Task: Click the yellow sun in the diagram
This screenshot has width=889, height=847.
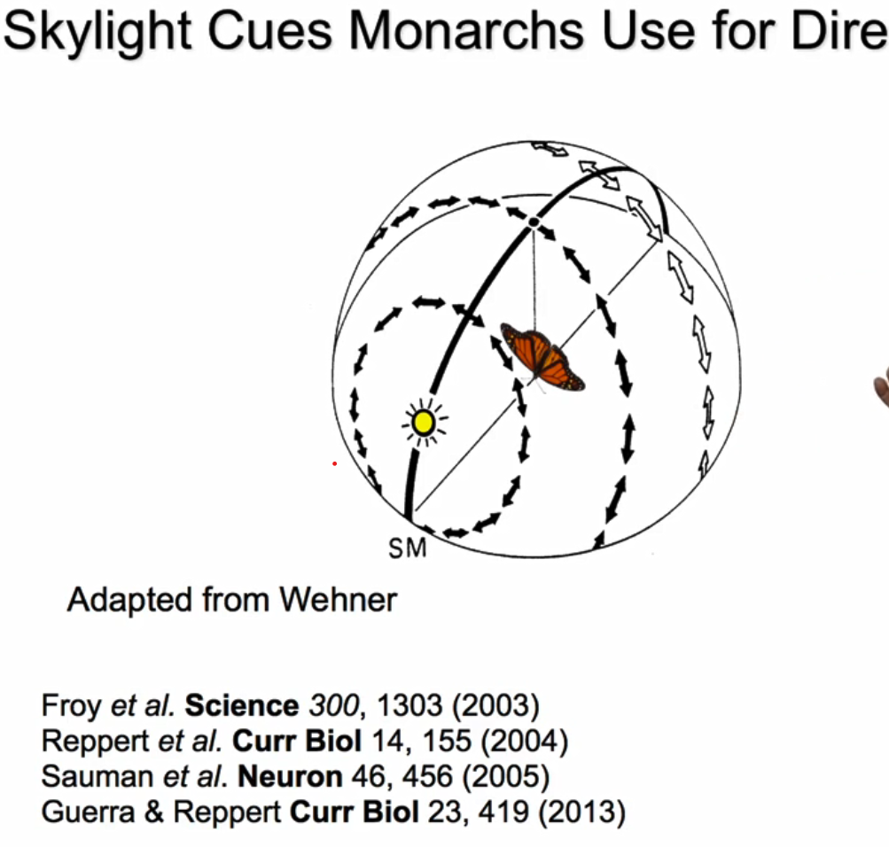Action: click(x=424, y=423)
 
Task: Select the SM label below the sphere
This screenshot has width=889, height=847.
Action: click(x=408, y=549)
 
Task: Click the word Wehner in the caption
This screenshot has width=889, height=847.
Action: click(x=338, y=600)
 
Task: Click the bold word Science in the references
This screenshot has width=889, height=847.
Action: click(x=242, y=705)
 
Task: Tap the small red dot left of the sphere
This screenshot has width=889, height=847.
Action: click(x=334, y=463)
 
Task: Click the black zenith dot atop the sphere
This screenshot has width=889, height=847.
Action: click(x=534, y=221)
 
